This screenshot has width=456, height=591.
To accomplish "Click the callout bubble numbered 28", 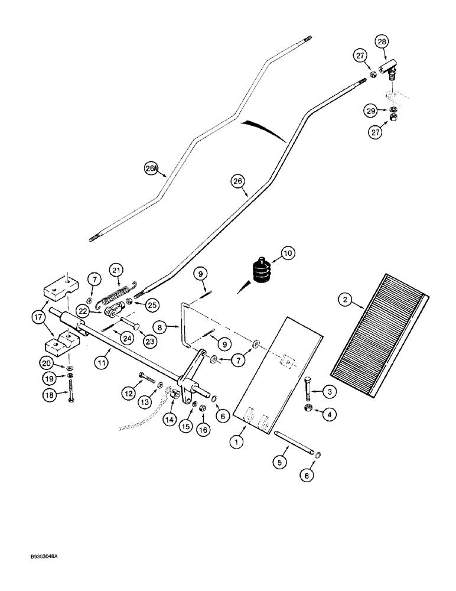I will point(382,42).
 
